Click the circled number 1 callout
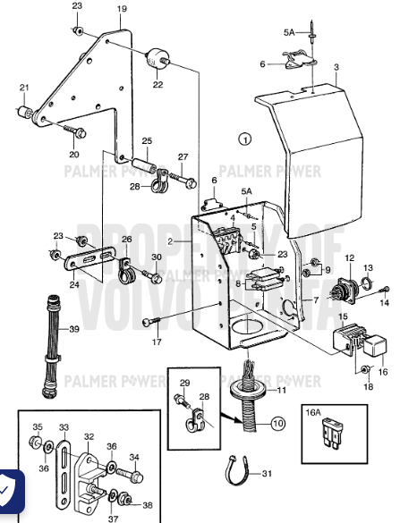tap(246, 139)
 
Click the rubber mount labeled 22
tap(157, 57)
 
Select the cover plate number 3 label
tap(336, 67)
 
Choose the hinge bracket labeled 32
tap(90, 467)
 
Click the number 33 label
tap(64, 426)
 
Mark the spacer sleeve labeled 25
tap(147, 166)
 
